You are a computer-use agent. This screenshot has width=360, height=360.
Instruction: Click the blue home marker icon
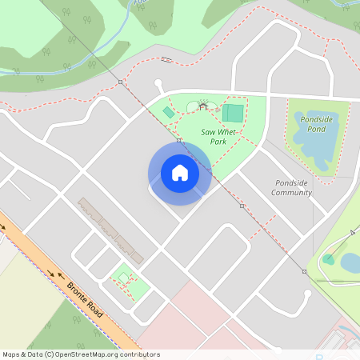click(180, 173)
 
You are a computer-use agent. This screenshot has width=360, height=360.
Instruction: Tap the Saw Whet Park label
click(213, 136)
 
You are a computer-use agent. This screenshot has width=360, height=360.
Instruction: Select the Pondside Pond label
click(316, 123)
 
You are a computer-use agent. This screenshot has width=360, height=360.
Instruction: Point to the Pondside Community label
click(291, 187)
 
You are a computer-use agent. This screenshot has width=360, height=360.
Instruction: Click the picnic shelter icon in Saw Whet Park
click(203, 106)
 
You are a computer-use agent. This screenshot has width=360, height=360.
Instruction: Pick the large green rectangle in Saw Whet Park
click(234, 113)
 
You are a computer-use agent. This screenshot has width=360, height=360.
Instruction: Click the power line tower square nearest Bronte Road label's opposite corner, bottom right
click(304, 272)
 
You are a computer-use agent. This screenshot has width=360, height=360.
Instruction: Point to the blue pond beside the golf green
click(350, 262)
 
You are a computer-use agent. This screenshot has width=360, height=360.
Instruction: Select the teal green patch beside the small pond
click(328, 259)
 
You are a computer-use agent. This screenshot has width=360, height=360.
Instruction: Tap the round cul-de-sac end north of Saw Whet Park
click(158, 82)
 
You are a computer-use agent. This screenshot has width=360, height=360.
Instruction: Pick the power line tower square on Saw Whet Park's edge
click(181, 140)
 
